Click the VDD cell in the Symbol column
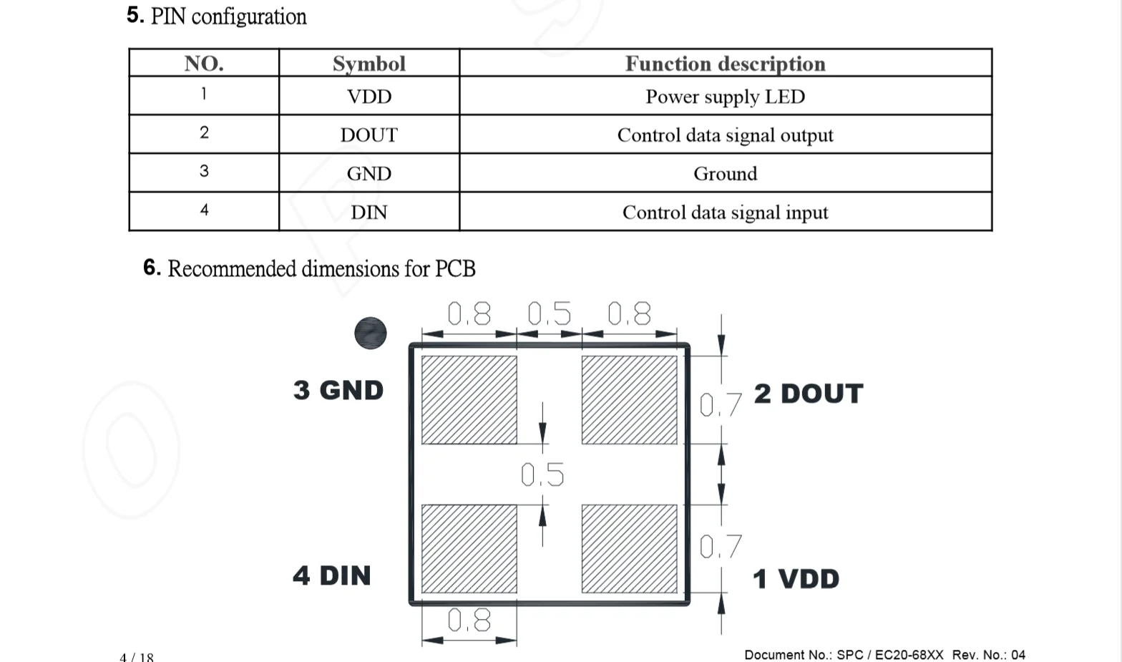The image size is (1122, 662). [x=369, y=97]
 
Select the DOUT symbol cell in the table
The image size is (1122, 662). [x=369, y=135]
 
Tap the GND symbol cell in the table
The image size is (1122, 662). [x=369, y=174]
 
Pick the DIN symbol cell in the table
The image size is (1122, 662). [x=369, y=213]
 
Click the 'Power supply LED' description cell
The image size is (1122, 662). [x=725, y=97]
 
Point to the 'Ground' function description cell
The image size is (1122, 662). [x=725, y=174]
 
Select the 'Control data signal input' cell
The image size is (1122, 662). [x=725, y=213]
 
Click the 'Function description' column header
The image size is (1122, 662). [x=725, y=64]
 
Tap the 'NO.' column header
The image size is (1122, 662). [x=204, y=64]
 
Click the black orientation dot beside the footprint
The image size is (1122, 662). [x=371, y=334]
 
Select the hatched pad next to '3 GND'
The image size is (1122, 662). [x=469, y=400]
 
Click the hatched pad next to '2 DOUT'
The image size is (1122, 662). [x=629, y=400]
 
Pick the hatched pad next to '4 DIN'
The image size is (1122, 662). [x=469, y=549]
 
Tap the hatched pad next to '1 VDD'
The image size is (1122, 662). [x=629, y=549]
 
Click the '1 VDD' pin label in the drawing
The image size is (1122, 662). [x=796, y=579]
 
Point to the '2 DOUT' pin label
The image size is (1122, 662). [x=809, y=394]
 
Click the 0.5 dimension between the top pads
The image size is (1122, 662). [x=550, y=314]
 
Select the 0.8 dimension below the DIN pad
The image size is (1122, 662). [x=469, y=620]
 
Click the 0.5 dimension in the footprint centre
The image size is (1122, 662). [x=542, y=474]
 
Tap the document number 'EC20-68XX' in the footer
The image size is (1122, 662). [x=909, y=655]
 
